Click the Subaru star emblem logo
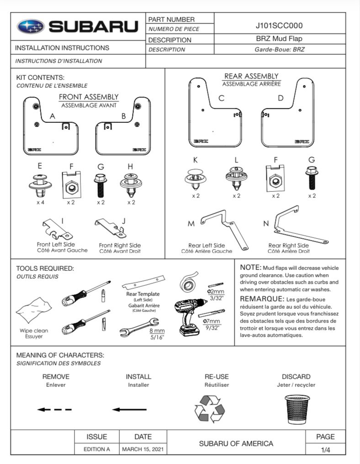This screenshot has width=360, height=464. (x=31, y=27)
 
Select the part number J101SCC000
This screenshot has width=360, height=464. (x=280, y=26)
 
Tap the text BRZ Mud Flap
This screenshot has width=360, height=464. (x=280, y=39)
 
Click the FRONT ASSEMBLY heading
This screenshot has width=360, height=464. (x=89, y=97)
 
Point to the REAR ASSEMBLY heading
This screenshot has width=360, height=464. (x=251, y=76)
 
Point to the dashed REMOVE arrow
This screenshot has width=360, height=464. (x=54, y=409)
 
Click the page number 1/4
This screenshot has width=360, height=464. (x=325, y=449)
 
